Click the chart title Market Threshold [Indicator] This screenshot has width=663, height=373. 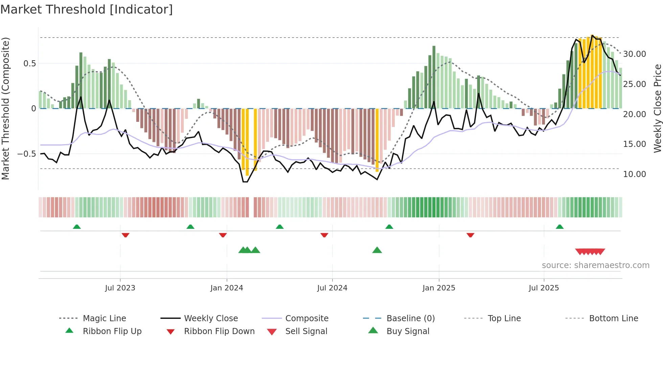click(87, 9)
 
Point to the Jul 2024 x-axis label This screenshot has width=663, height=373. click(332, 288)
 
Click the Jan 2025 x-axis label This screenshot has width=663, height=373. click(439, 288)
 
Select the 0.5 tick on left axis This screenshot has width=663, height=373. click(29, 64)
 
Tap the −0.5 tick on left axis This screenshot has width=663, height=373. click(27, 154)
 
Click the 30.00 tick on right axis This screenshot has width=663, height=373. click(635, 54)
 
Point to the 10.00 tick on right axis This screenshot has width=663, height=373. click(635, 174)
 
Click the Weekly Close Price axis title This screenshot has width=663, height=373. click(657, 108)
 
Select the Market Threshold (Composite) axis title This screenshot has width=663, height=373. click(5, 108)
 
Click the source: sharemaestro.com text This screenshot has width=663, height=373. click(595, 265)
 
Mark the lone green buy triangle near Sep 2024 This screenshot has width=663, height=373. click(377, 250)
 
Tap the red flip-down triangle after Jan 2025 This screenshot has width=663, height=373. click(470, 235)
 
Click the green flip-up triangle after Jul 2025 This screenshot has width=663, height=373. click(559, 227)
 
